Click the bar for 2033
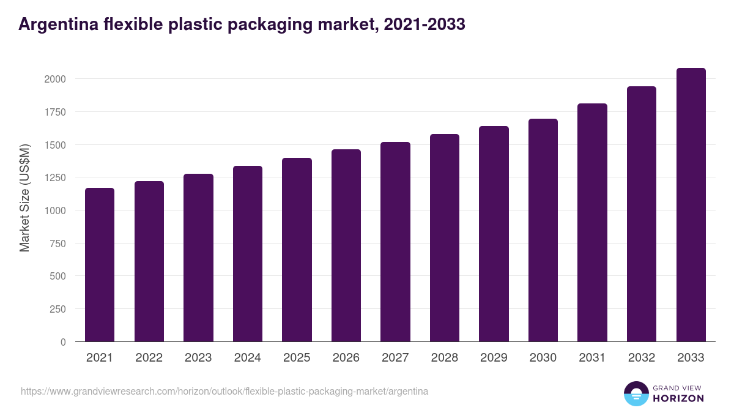pyautogui.click(x=691, y=204)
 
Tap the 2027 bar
pyautogui.click(x=395, y=242)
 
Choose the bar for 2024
pyautogui.click(x=248, y=253)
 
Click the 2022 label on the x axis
pyautogui.click(x=149, y=358)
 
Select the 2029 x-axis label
pyautogui.click(x=494, y=358)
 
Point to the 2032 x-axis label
pyautogui.click(x=642, y=358)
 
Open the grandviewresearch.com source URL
pyautogui.click(x=224, y=391)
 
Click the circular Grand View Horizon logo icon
pyautogui.click(x=636, y=393)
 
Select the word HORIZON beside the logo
pyautogui.click(x=678, y=398)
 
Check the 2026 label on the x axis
pyautogui.click(x=346, y=358)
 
